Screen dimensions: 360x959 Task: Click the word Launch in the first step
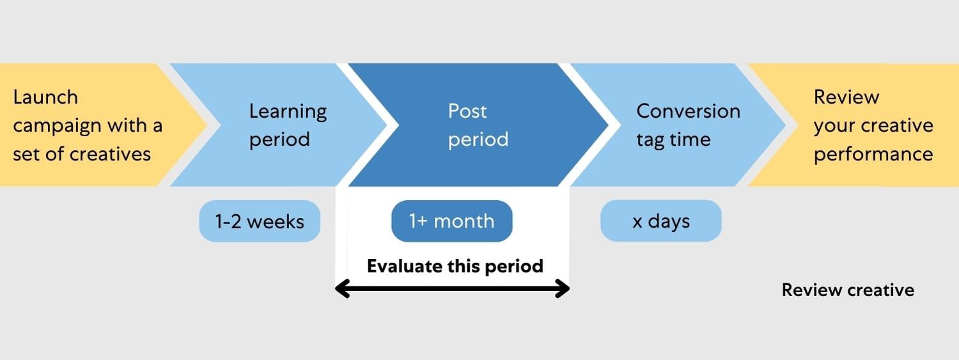click(45, 97)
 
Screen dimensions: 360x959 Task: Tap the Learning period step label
click(288, 125)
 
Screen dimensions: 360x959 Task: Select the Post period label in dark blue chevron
click(478, 125)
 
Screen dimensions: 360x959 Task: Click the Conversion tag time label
click(688, 125)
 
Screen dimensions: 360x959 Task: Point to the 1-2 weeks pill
click(260, 221)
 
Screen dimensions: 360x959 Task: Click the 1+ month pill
click(452, 221)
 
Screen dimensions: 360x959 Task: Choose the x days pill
click(661, 221)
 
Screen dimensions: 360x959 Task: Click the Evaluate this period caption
click(455, 266)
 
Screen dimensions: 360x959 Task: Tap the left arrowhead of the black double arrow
click(342, 289)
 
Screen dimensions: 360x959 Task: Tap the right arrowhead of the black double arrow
click(563, 289)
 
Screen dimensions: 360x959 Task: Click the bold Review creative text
click(848, 290)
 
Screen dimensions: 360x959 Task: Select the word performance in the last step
click(873, 154)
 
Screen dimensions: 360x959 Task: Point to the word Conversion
click(688, 111)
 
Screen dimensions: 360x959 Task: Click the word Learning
click(288, 112)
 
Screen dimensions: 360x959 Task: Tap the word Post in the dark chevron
click(467, 111)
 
